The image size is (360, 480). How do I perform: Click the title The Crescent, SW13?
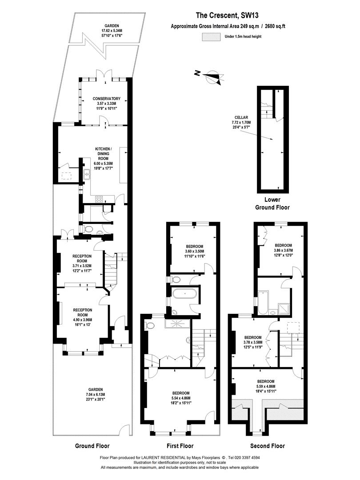click(225, 15)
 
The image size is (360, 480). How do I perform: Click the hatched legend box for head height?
click(211, 36)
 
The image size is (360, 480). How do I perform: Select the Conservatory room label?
click(107, 104)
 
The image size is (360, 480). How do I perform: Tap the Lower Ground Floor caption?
click(272, 204)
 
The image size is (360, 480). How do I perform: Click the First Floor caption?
click(180, 446)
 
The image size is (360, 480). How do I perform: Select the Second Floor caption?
click(268, 446)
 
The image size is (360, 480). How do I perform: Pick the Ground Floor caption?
click(92, 446)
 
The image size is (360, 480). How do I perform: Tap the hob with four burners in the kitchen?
click(99, 199)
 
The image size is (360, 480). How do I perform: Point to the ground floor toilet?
click(88, 229)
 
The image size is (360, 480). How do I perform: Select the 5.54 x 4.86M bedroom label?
click(180, 398)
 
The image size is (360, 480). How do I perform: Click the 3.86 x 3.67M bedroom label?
click(283, 250)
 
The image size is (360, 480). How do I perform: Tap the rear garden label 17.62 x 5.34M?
click(112, 31)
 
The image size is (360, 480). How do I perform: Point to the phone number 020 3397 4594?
click(247, 458)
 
